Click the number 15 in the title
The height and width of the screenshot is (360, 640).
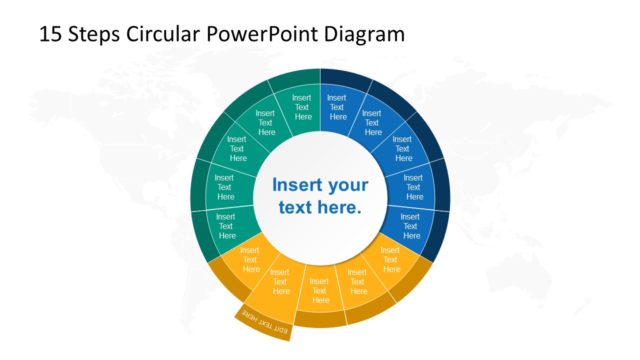click(x=49, y=33)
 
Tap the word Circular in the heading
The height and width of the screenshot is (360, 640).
click(x=165, y=33)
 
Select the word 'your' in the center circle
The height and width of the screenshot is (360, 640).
click(x=348, y=185)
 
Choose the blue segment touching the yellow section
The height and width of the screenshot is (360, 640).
click(x=409, y=226)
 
